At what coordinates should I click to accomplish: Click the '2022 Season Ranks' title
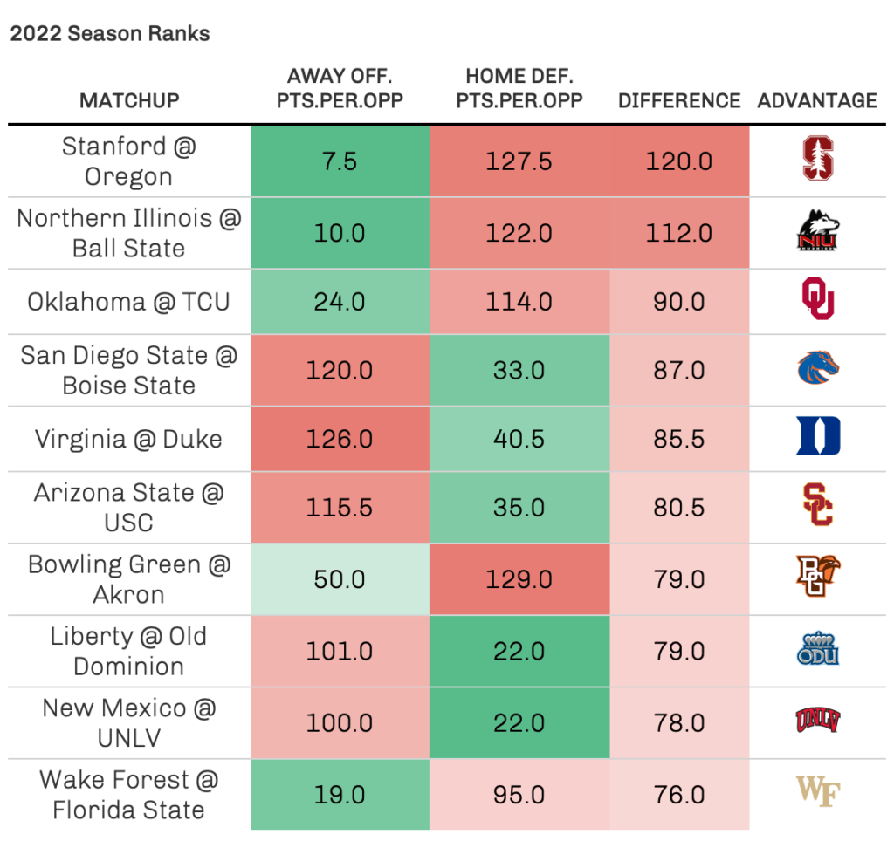click(110, 34)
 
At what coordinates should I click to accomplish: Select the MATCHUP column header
click(129, 100)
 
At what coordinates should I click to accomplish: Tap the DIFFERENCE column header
click(679, 100)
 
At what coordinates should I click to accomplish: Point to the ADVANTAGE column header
click(817, 100)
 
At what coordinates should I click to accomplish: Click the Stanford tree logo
click(818, 161)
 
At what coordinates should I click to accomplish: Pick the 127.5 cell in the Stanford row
click(519, 161)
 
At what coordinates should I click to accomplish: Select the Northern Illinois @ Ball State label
click(129, 233)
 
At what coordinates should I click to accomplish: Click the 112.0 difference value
click(679, 233)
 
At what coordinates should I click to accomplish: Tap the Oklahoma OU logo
click(818, 299)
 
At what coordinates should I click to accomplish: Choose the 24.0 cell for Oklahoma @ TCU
click(340, 301)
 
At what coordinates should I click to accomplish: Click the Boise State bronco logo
click(818, 369)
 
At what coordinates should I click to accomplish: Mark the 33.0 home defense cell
click(519, 370)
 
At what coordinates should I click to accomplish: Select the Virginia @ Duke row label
click(129, 438)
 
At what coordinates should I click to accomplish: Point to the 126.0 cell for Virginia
click(340, 438)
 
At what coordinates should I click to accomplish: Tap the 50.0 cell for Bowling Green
click(340, 580)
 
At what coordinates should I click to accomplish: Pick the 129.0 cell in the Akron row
click(519, 580)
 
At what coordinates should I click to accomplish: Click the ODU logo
click(818, 650)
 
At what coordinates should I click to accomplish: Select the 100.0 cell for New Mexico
click(340, 723)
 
